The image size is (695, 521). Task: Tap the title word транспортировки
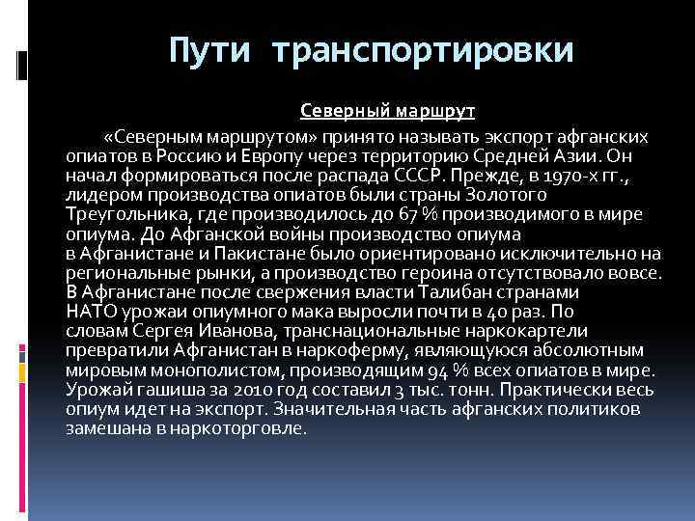pos(423,50)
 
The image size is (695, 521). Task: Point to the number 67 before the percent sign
pos(426,215)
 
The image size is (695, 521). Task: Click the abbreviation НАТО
pos(89,313)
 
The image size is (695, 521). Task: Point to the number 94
pos(435,370)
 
